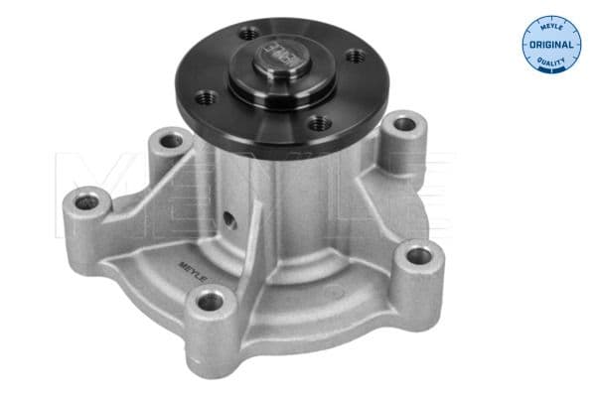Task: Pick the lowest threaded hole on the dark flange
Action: [317, 124]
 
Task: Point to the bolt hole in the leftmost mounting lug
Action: [87, 203]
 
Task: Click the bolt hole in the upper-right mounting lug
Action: [403, 127]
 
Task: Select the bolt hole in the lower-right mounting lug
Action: [419, 255]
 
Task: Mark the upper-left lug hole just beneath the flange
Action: [171, 141]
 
